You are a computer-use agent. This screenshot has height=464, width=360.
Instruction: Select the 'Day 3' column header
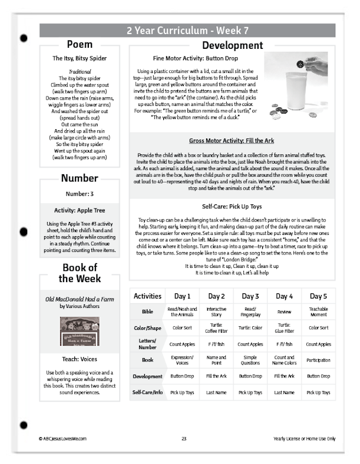[251, 296]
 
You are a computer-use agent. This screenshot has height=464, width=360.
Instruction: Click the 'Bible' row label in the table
[147, 312]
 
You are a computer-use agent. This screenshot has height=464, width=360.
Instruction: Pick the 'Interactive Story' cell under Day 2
[217, 312]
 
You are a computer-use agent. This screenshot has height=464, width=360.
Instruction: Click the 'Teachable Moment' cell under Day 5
[318, 312]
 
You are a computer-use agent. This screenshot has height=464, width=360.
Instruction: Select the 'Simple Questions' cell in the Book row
[251, 360]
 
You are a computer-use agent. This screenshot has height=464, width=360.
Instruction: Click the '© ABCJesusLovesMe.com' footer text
[62, 439]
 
